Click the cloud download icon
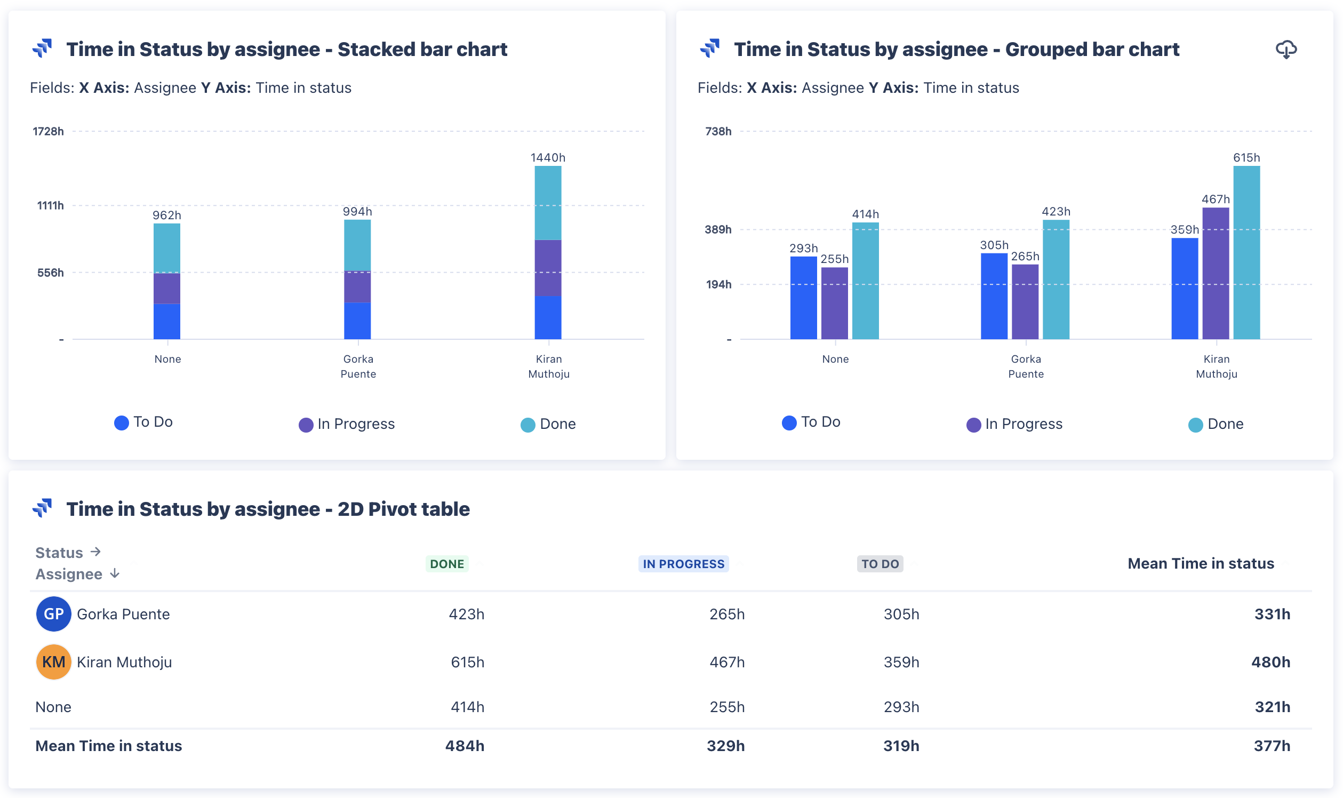(x=1286, y=50)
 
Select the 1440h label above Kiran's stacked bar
(x=548, y=157)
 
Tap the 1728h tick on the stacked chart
(x=48, y=131)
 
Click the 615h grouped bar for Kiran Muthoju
(x=1246, y=253)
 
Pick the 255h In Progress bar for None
(x=834, y=304)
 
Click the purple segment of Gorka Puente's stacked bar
(x=357, y=286)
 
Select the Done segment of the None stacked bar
(x=166, y=249)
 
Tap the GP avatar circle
(x=53, y=613)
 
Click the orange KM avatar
(x=53, y=661)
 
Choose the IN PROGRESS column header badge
(x=683, y=563)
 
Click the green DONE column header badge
(x=447, y=563)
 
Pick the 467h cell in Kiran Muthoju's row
(x=727, y=662)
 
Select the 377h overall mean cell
(x=1272, y=746)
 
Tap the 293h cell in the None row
(x=901, y=707)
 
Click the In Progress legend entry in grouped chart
(x=1014, y=424)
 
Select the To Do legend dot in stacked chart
(x=122, y=422)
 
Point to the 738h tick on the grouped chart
(x=718, y=131)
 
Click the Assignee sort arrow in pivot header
(x=115, y=574)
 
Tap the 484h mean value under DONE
(x=465, y=746)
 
